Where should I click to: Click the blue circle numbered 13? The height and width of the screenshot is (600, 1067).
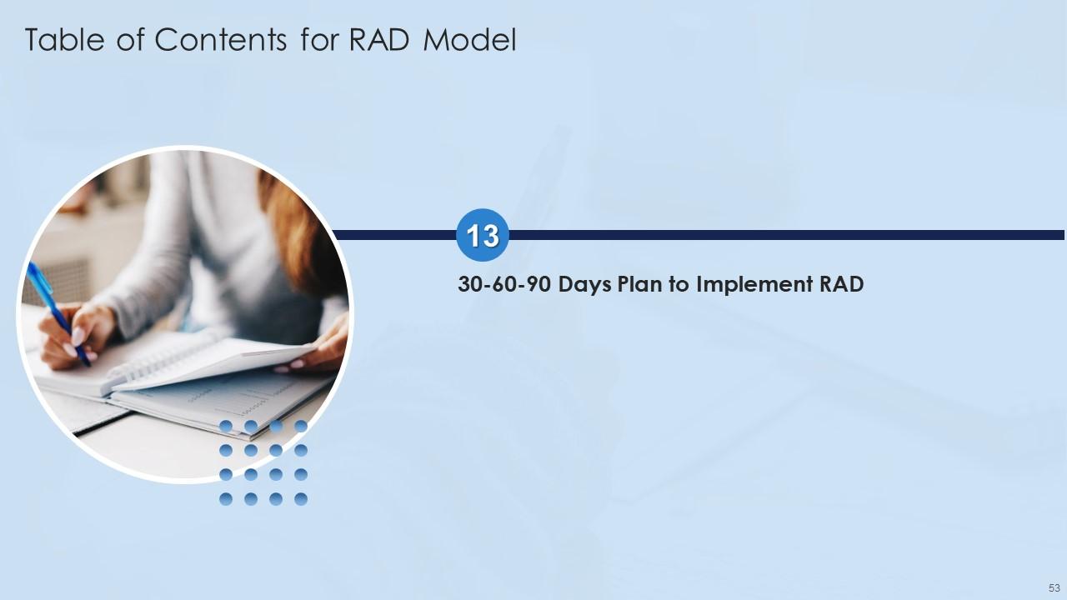coord(483,236)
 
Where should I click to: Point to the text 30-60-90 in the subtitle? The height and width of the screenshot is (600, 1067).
coord(504,284)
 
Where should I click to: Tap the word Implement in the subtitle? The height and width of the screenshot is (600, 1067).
coord(748,284)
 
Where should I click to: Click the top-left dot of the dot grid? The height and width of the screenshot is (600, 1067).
coord(226,427)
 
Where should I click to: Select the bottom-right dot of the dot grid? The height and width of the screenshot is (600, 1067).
coord(301,499)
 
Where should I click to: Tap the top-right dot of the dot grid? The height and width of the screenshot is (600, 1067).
coord(301,427)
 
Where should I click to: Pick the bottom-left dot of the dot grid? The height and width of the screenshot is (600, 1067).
coord(226,499)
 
